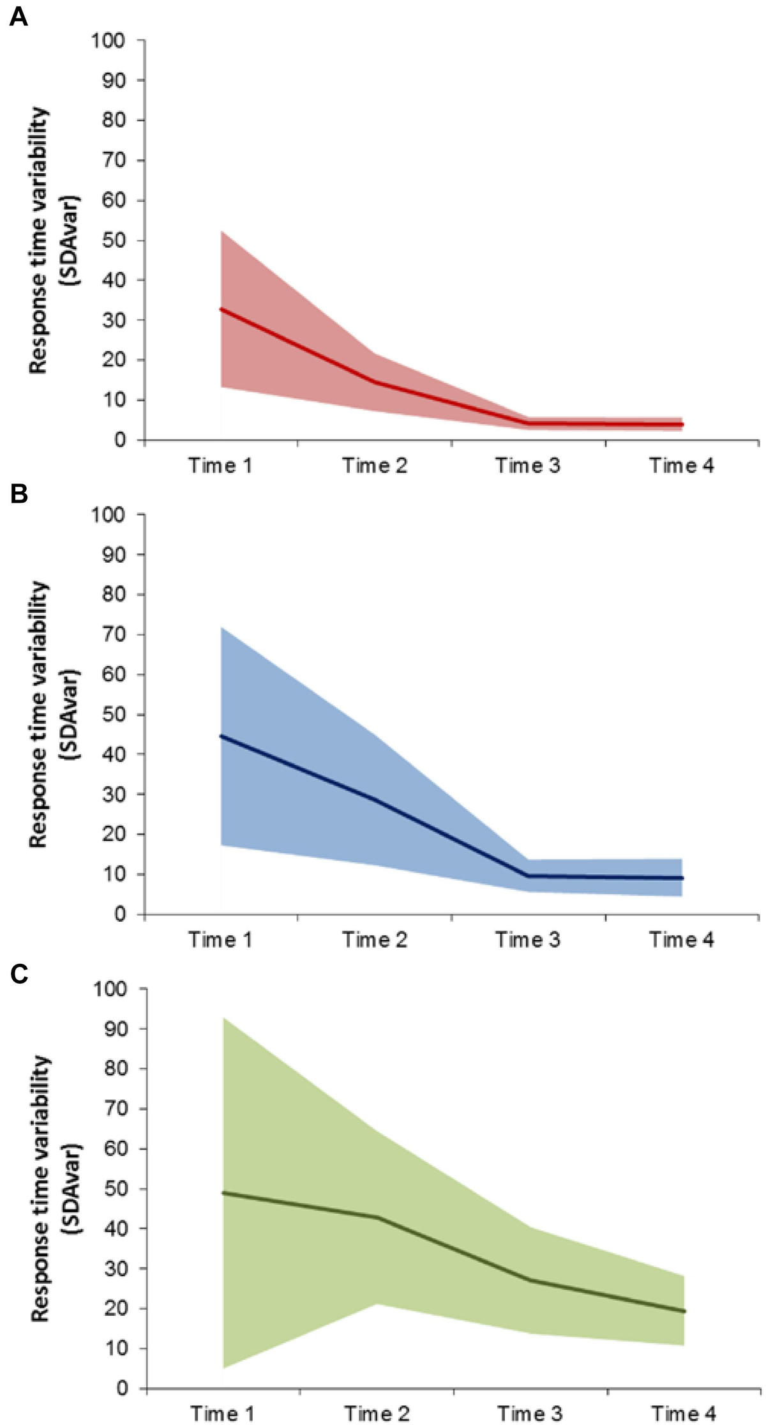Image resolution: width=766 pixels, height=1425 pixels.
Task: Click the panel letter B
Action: (x=18, y=493)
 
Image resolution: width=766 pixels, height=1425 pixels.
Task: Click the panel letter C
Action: (x=19, y=973)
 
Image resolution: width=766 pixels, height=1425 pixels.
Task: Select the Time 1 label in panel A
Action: (x=220, y=466)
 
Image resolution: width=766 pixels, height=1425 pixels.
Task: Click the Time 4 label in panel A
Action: (x=682, y=466)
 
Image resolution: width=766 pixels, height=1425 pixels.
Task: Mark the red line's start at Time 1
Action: (x=221, y=309)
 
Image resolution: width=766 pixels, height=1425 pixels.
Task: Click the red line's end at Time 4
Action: (x=682, y=424)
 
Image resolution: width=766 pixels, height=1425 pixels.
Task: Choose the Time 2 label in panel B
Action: (x=374, y=940)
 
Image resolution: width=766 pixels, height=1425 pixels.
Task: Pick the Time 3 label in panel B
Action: (x=528, y=940)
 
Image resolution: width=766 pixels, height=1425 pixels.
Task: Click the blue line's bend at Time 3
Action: (x=529, y=876)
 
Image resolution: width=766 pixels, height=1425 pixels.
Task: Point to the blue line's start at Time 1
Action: (x=221, y=736)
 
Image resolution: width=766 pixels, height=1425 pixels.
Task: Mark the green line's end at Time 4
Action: (x=684, y=1311)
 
